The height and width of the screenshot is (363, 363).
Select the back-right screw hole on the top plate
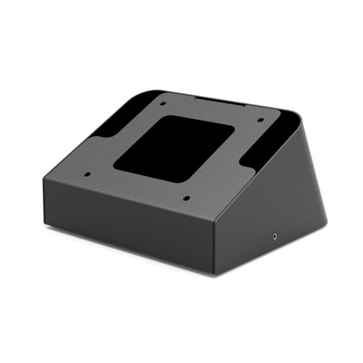259,120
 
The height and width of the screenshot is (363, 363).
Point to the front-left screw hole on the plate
86,174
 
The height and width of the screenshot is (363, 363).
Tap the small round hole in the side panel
275,236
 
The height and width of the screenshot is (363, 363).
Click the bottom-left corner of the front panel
45,225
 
